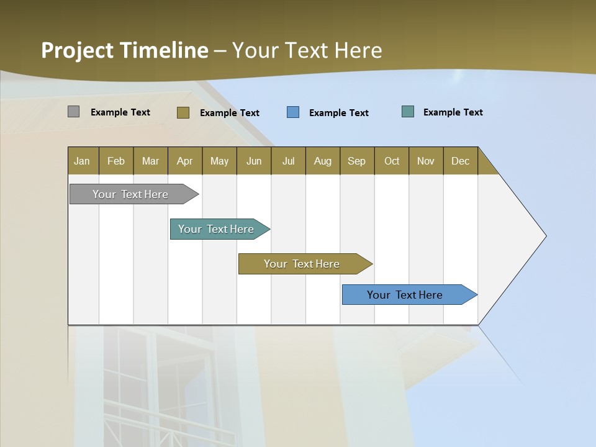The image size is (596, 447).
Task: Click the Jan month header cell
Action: pyautogui.click(x=83, y=161)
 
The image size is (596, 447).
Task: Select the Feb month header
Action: pyautogui.click(x=116, y=161)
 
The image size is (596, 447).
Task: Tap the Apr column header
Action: pyautogui.click(x=185, y=161)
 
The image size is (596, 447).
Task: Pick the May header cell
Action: pyautogui.click(x=219, y=161)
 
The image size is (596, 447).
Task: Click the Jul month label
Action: pyautogui.click(x=288, y=161)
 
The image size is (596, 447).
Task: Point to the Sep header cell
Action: pyautogui.click(x=357, y=161)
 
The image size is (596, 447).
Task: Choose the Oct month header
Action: pyautogui.click(x=392, y=161)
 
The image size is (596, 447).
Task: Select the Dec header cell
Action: pyautogui.click(x=461, y=161)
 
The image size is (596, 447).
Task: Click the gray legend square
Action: pyautogui.click(x=74, y=112)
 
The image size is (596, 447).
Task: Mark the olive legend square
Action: pyautogui.click(x=183, y=112)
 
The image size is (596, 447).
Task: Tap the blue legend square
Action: pyautogui.click(x=293, y=112)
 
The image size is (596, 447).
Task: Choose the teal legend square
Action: pyautogui.click(x=408, y=112)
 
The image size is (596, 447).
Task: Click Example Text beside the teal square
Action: pyautogui.click(x=453, y=112)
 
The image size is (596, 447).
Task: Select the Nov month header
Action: pyautogui.click(x=426, y=161)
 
